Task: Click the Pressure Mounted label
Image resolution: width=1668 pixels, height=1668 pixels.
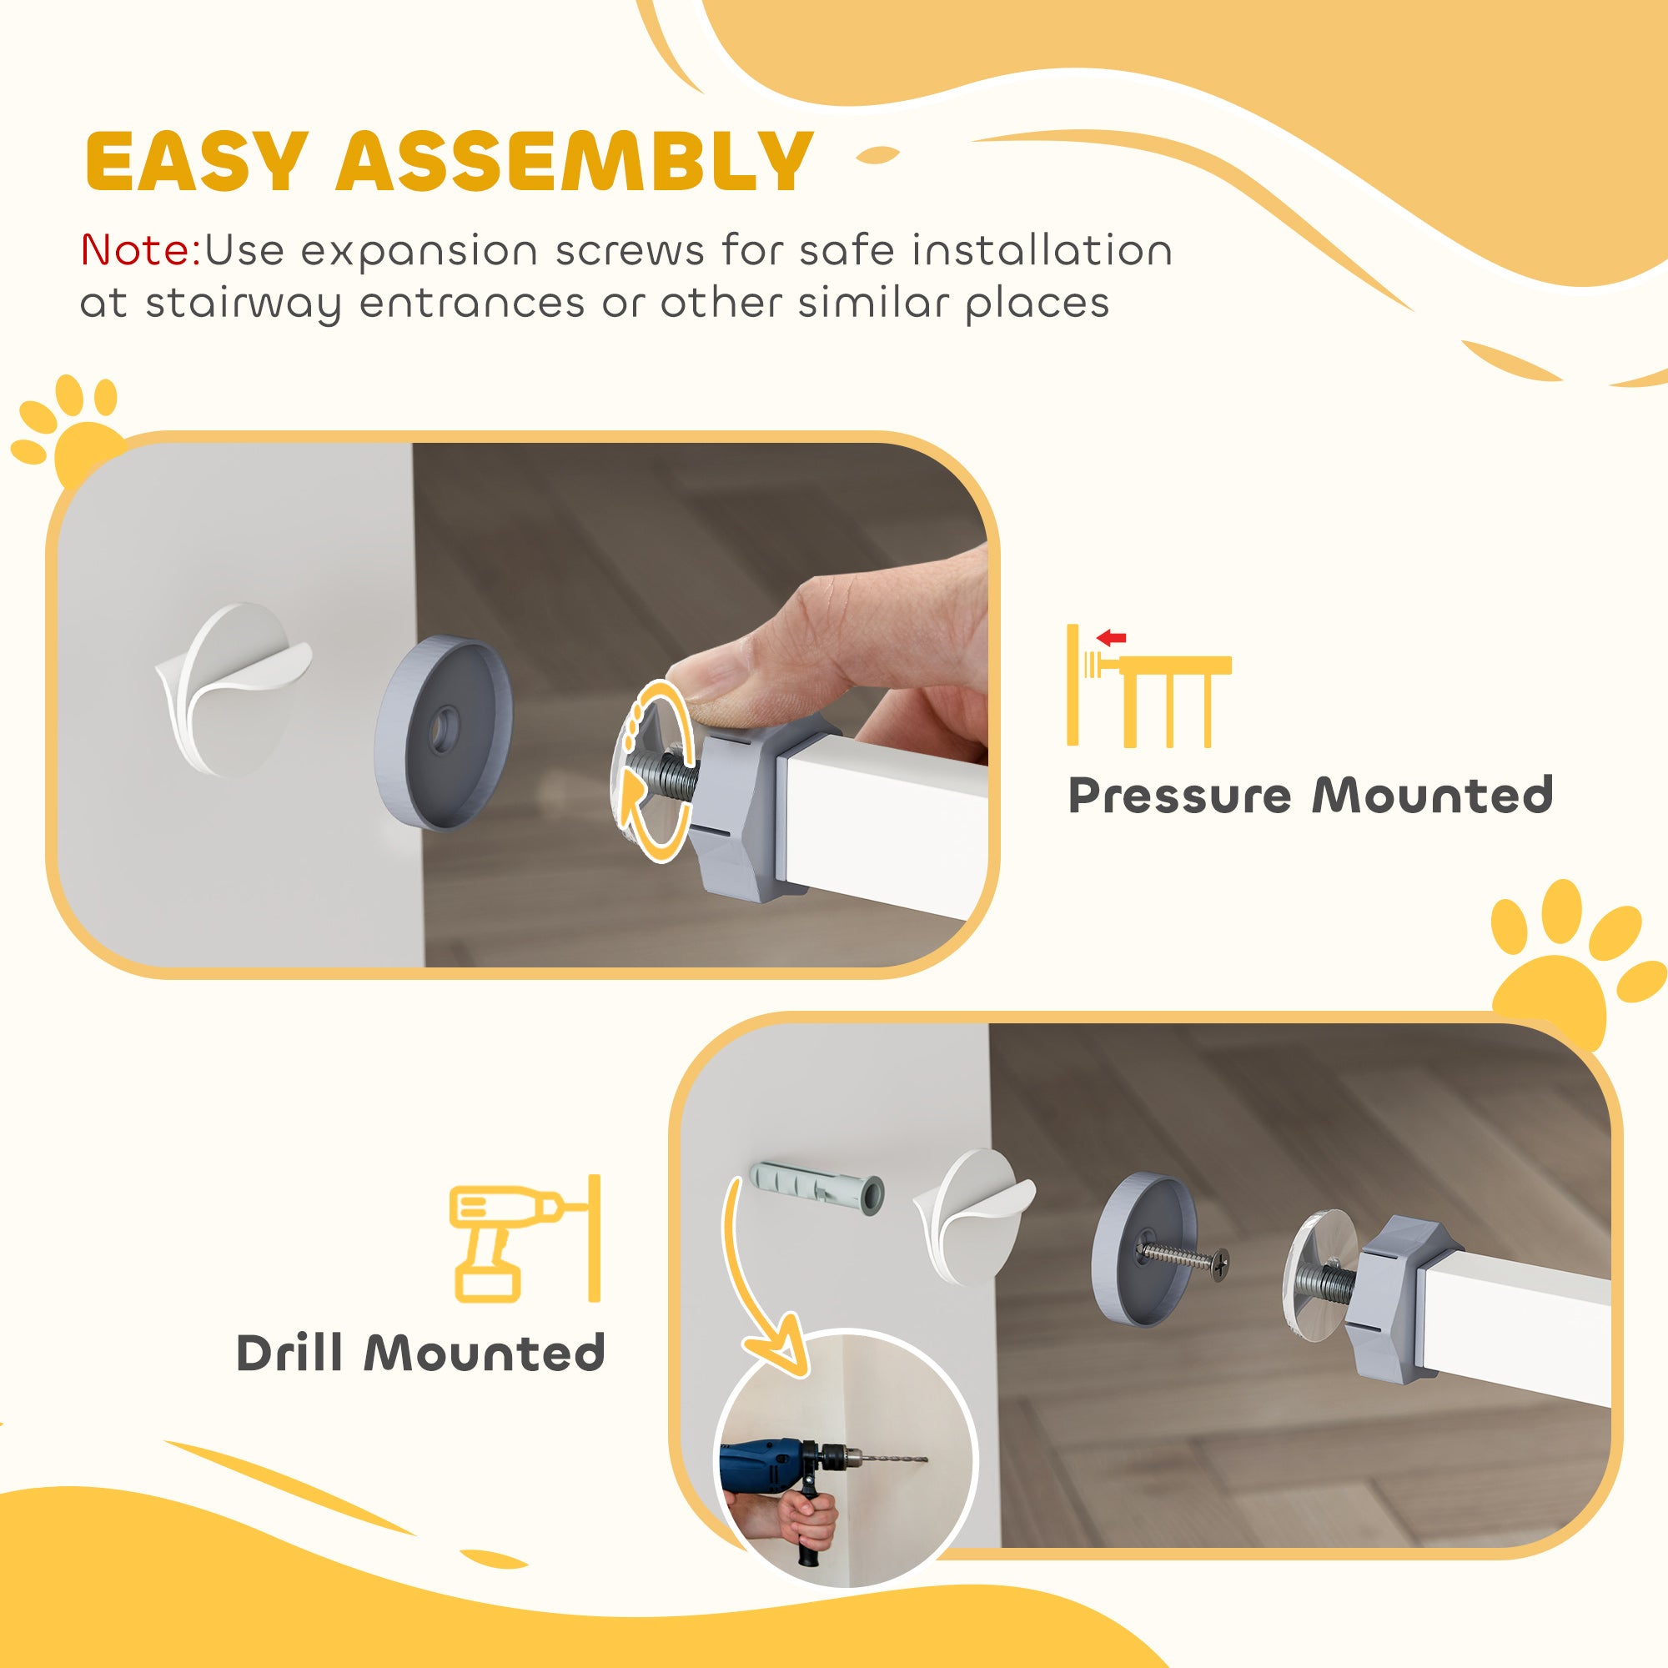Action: [x=1310, y=796]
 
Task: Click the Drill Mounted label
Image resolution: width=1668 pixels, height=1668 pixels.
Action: [x=420, y=1353]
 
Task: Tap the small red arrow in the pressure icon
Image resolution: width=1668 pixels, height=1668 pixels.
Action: [x=1113, y=639]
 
